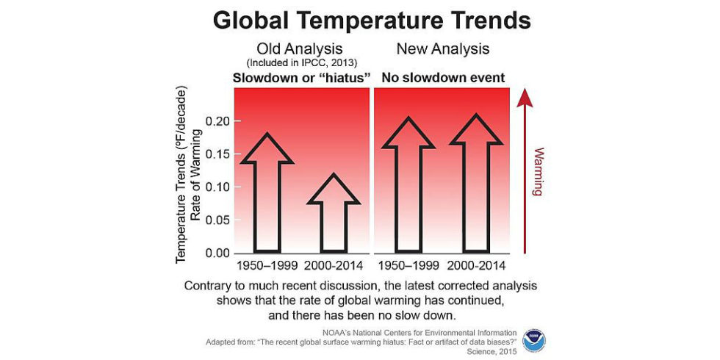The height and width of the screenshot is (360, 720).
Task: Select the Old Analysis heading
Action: tap(300, 48)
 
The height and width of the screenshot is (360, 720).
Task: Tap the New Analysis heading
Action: tap(442, 48)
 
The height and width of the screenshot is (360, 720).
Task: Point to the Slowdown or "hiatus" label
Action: tap(301, 78)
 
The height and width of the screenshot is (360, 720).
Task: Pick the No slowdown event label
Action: tap(442, 78)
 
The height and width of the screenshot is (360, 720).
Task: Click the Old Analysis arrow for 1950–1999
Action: tap(267, 192)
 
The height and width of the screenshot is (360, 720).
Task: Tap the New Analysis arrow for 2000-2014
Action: tap(476, 184)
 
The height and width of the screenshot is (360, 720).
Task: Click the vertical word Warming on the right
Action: tap(538, 172)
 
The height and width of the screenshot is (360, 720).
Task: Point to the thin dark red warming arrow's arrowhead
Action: tap(525, 98)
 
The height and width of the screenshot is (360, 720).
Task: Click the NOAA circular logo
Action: tap(534, 339)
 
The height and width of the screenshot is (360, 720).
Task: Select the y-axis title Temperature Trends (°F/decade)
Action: tap(182, 174)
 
